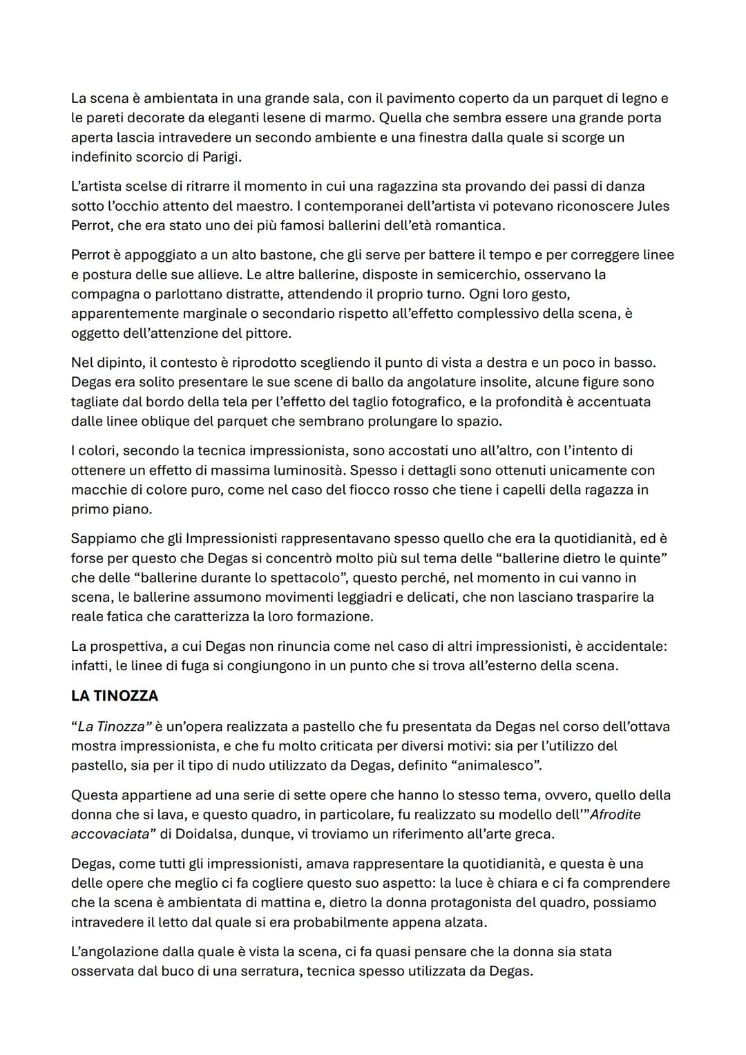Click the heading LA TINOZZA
tap(115, 696)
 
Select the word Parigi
tap(220, 157)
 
